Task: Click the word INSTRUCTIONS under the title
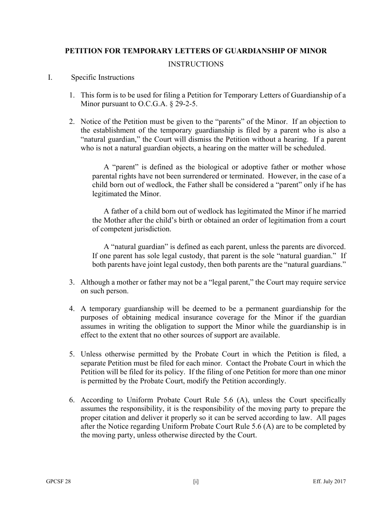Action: [196, 64]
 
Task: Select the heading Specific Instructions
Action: [103, 77]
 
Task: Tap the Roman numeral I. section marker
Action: [50, 77]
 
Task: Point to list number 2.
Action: [72, 121]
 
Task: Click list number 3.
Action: [72, 282]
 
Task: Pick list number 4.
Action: [72, 309]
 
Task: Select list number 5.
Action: [72, 354]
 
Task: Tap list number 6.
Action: [72, 400]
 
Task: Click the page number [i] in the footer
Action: [196, 482]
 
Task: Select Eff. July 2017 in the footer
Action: [329, 482]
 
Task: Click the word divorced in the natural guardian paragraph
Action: [331, 247]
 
